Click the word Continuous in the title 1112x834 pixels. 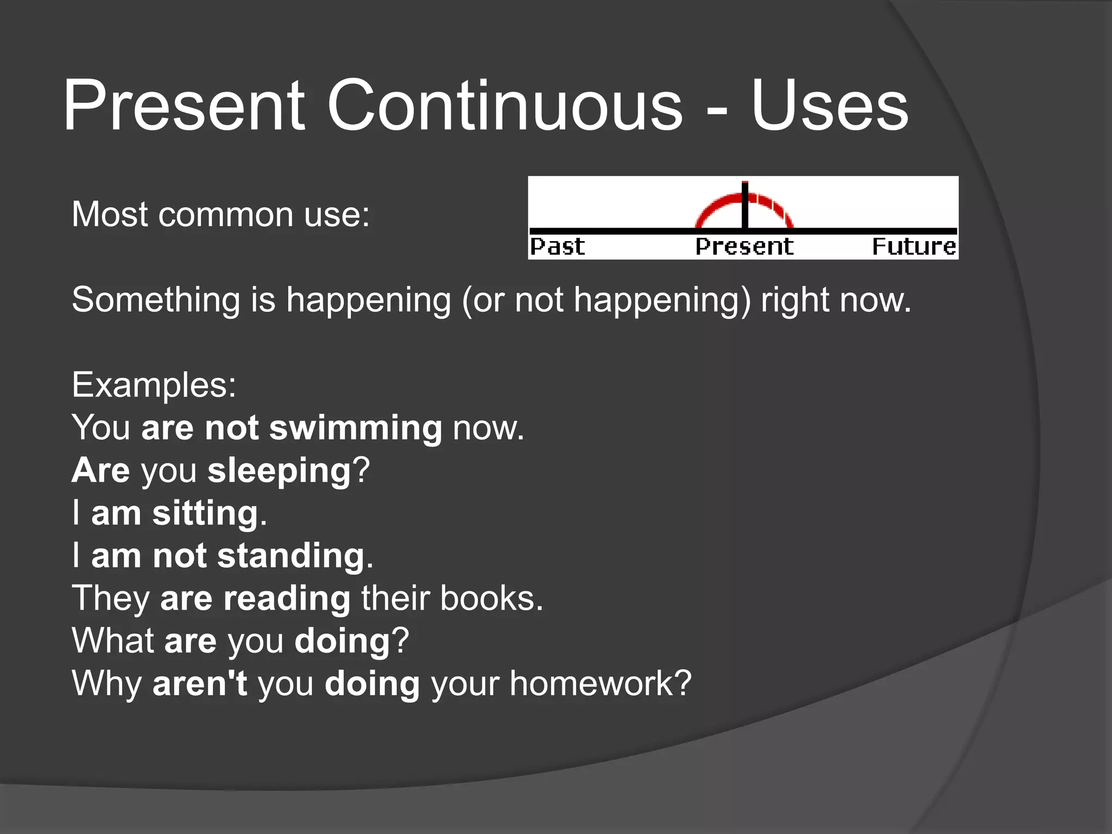click(x=504, y=105)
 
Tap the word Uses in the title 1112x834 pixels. click(x=829, y=105)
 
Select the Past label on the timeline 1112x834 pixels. click(x=557, y=247)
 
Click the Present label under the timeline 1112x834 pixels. click(x=744, y=247)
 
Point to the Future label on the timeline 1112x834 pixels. click(x=914, y=247)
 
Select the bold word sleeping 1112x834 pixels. click(x=280, y=471)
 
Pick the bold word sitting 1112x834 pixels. click(x=205, y=513)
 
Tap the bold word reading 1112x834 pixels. click(x=287, y=598)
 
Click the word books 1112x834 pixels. click(x=491, y=598)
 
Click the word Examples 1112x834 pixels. click(x=154, y=385)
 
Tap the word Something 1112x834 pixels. click(x=156, y=300)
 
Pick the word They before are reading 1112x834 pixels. click(x=111, y=598)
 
